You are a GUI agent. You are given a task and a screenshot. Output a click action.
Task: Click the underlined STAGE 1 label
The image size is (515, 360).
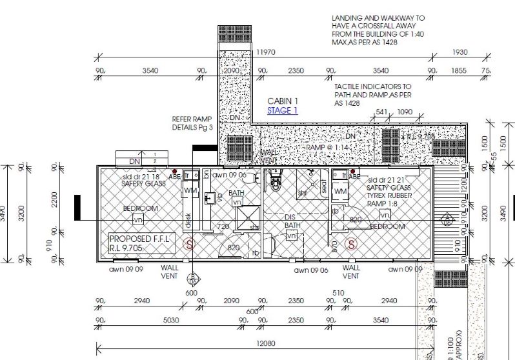click(x=282, y=110)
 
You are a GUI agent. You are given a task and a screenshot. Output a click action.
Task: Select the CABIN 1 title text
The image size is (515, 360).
click(x=283, y=101)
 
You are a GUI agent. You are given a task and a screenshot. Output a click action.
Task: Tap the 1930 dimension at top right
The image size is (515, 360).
click(x=459, y=52)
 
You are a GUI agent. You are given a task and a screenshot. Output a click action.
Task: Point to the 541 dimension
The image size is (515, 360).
click(x=381, y=112)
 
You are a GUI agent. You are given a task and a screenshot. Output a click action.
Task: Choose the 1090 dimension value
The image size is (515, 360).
click(x=405, y=112)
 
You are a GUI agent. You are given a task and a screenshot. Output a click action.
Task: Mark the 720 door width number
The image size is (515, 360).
click(x=223, y=227)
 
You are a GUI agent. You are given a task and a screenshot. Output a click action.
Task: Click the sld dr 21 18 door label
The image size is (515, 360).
click(x=143, y=176)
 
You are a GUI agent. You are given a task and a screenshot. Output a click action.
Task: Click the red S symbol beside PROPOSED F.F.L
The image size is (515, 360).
click(x=189, y=244)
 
